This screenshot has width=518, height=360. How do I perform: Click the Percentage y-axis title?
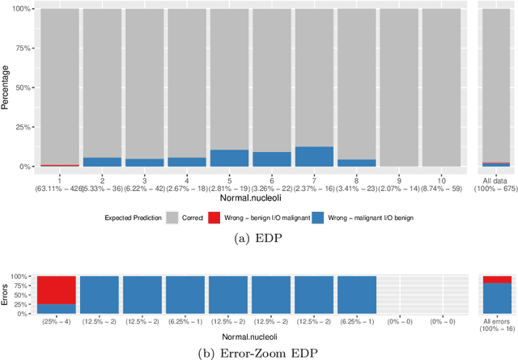6,87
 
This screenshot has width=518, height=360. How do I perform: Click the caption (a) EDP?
258,237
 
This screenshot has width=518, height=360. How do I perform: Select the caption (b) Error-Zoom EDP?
258,352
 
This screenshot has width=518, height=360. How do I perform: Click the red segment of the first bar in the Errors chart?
57,289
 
